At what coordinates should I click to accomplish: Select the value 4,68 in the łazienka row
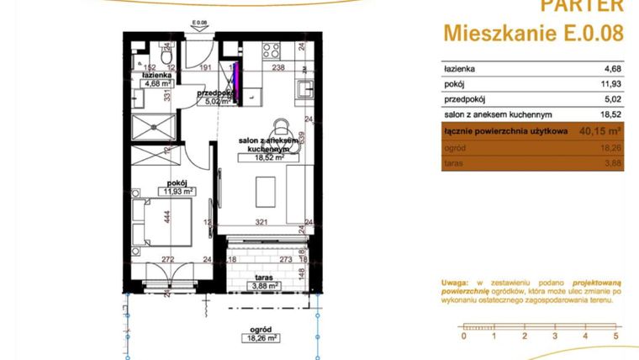pyautogui.click(x=611, y=70)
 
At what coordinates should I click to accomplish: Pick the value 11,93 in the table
pyautogui.click(x=610, y=85)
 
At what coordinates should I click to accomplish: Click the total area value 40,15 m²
pyautogui.click(x=600, y=131)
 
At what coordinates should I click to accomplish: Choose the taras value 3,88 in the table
pyautogui.click(x=612, y=163)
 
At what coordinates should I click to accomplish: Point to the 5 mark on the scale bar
pyautogui.click(x=616, y=336)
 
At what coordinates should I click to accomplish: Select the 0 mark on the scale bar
pyautogui.click(x=462, y=336)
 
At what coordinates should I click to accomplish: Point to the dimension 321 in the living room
pyautogui.click(x=262, y=223)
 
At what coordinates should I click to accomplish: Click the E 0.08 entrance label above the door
pyautogui.click(x=198, y=24)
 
